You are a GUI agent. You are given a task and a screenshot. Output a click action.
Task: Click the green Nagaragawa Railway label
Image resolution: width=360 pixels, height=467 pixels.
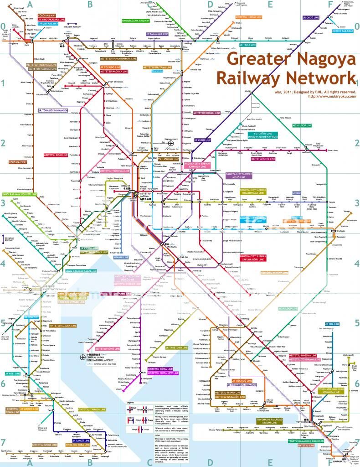pyautogui.click(x=135, y=21)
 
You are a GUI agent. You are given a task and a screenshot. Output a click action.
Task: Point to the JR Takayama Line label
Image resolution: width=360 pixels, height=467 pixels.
pyautogui.click(x=159, y=34)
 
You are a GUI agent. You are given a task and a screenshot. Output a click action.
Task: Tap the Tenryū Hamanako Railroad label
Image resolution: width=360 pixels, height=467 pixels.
pyautogui.click(x=306, y=441)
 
